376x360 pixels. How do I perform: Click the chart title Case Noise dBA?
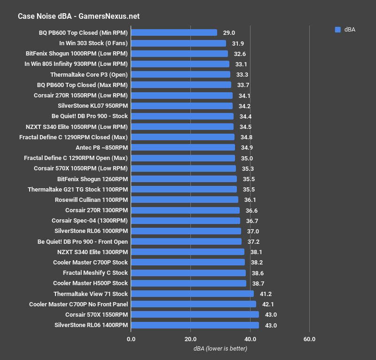78,16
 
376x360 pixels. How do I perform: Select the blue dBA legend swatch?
337,30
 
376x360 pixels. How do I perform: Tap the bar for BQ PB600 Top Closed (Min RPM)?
174,33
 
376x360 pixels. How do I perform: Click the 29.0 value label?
228,33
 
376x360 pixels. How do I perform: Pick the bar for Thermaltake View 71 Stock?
192,294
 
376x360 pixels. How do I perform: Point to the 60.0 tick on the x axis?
309,339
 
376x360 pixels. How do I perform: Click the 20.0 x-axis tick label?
190,339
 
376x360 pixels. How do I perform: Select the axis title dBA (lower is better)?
220,349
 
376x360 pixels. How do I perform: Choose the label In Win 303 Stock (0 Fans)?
94,43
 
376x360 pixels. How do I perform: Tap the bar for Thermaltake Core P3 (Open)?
180,74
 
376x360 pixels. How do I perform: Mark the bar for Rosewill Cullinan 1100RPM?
185,200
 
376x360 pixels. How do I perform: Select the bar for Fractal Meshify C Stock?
188,273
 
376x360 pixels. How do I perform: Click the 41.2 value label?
266,294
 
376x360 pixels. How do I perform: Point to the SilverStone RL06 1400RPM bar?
195,325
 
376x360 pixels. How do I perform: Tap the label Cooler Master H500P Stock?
90,283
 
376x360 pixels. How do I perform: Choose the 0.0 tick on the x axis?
131,339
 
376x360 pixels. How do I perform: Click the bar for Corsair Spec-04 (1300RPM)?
186,221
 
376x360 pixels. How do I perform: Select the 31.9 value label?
238,43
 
